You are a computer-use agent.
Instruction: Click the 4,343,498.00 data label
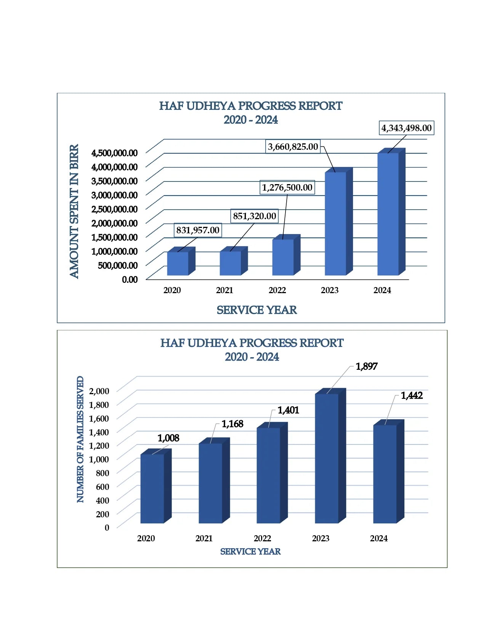[406, 128]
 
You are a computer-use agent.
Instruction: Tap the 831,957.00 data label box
[197, 230]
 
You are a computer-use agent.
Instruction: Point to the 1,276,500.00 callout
[287, 188]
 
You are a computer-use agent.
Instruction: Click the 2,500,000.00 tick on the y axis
[114, 209]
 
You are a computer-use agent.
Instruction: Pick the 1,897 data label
[366, 366]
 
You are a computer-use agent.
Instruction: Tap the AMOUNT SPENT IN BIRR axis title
[74, 211]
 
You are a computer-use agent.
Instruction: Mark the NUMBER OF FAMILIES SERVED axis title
[80, 439]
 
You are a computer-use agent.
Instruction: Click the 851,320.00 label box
[254, 216]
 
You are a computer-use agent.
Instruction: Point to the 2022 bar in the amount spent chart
[283, 257]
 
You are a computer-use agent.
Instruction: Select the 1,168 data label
[232, 424]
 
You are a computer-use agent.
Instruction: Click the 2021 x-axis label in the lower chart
[204, 538]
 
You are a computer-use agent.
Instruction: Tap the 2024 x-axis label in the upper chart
[382, 290]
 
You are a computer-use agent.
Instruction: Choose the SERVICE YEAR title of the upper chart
[257, 310]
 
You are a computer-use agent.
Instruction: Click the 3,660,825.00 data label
[293, 147]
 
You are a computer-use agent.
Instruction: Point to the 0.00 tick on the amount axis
[130, 279]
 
